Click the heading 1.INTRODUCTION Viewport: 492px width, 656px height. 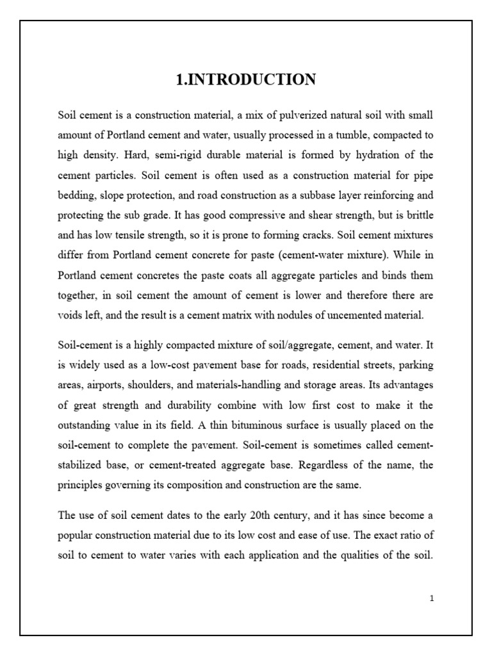(246, 80)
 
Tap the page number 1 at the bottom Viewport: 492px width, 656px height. (432, 598)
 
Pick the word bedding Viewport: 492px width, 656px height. (75, 195)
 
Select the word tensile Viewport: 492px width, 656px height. (133, 235)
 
